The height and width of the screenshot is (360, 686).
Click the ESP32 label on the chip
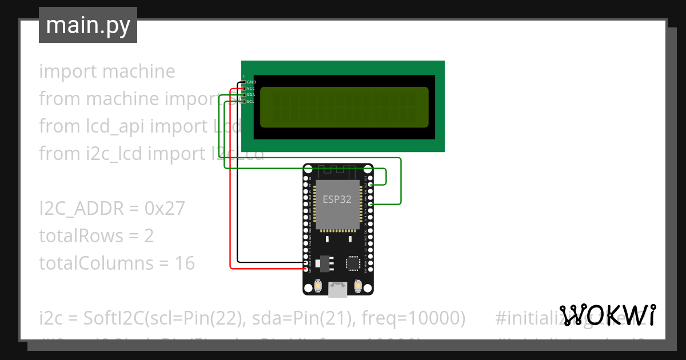pos(337,199)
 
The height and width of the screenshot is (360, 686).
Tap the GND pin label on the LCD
pos(252,82)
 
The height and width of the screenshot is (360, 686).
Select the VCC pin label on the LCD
pos(252,89)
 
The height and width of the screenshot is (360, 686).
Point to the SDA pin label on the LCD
pos(251,95)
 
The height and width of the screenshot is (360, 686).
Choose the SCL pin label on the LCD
pos(250,101)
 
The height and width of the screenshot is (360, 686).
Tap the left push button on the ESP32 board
pos(317,285)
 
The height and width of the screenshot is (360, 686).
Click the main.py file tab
pos(88,25)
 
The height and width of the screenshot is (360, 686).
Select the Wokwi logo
pos(607,315)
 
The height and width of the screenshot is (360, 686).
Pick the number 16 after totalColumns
pos(185,263)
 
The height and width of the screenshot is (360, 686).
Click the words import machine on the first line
pos(107,71)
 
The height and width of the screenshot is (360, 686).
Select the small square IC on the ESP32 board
pos(353,263)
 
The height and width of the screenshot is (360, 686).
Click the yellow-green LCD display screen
pos(344,107)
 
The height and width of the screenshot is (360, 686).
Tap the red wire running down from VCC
pos(230,183)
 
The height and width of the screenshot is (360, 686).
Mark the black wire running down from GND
pos(238,183)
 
